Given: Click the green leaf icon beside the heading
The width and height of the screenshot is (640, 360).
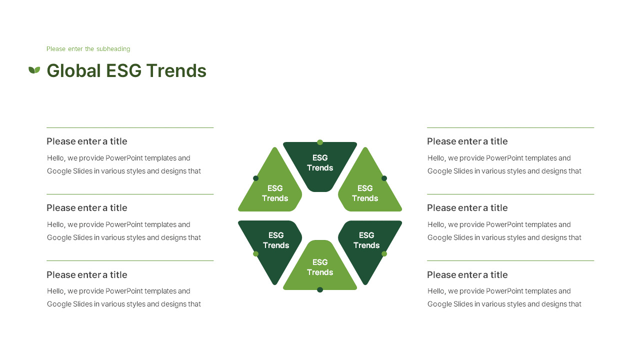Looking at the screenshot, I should (34, 70).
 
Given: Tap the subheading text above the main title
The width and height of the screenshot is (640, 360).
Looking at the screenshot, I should (88, 49).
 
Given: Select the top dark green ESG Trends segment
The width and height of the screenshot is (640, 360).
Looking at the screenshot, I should (320, 163).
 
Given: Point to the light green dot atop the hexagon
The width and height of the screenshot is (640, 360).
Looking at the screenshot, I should (320, 142).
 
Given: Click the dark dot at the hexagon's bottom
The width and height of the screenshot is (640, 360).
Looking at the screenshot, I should (320, 289).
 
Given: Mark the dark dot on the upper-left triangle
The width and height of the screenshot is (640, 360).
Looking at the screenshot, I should (256, 178).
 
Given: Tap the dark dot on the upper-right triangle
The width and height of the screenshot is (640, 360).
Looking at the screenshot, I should (384, 178).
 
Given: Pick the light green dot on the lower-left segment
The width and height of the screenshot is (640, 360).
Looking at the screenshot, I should (256, 254).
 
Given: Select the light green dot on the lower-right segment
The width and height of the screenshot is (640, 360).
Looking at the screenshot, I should (384, 254).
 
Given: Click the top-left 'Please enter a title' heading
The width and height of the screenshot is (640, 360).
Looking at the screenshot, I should (87, 141).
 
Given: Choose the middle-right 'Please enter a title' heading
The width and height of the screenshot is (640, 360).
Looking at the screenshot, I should (467, 208).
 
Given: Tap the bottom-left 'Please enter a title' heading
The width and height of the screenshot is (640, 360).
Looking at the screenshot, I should (87, 275).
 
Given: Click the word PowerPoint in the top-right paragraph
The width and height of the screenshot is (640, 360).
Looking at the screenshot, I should (505, 158).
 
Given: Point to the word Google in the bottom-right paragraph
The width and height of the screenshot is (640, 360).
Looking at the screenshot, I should (439, 304).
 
